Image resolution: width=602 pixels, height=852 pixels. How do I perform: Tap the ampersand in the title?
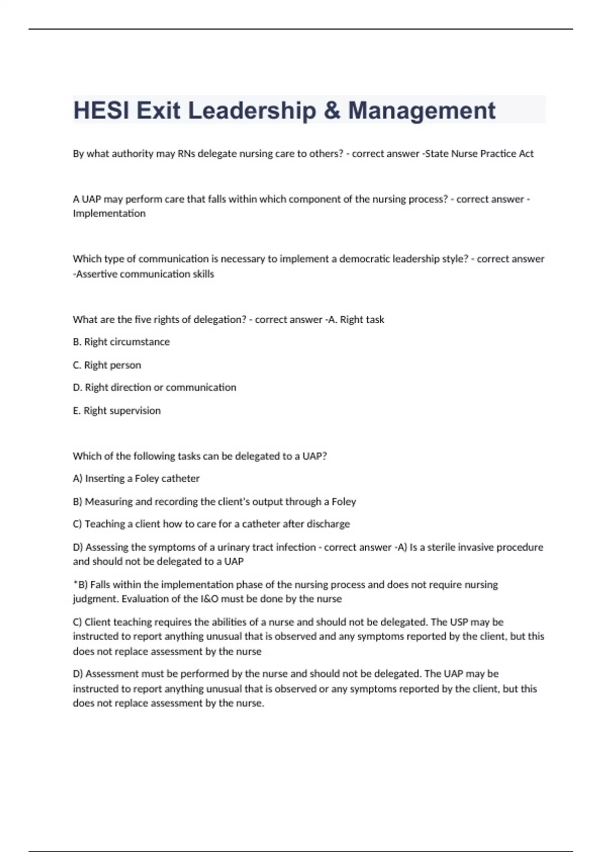pos(332,111)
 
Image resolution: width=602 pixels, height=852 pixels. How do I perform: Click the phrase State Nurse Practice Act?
pos(479,154)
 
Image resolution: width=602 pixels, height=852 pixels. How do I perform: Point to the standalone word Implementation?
pos(109,214)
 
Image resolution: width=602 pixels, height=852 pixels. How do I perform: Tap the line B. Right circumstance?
pos(121,342)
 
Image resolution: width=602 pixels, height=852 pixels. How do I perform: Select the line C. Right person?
pos(107,365)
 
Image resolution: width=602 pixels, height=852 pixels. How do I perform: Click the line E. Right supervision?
pos(117,410)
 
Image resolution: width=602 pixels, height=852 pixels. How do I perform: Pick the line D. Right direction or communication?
pos(155,387)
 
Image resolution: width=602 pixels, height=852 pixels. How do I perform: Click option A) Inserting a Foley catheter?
pos(136,479)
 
